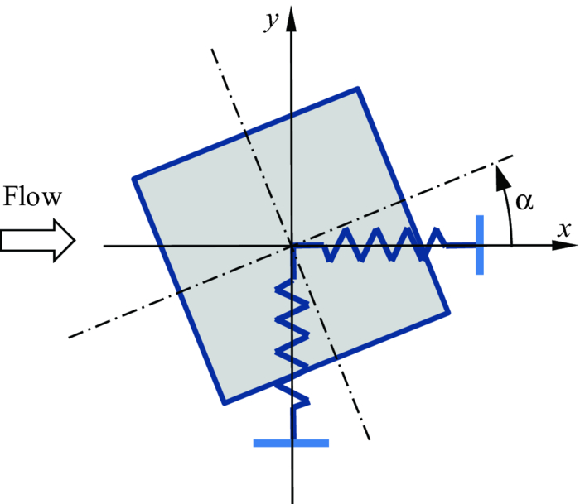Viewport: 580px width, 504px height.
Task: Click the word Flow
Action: point(32,199)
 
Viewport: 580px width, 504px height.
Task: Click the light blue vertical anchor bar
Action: point(480,245)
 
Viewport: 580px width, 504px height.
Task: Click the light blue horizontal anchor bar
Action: point(291,443)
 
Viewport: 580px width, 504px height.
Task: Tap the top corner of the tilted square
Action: point(358,89)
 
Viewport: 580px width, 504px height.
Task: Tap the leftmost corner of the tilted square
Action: point(134,178)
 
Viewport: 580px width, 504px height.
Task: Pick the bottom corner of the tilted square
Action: point(225,403)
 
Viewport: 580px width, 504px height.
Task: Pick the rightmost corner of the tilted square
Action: point(448,312)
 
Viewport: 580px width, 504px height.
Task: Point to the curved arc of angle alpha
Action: point(509,207)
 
